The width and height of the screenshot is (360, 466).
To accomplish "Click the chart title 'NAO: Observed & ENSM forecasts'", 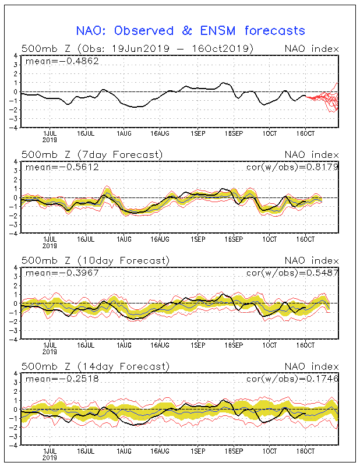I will pos(190,30).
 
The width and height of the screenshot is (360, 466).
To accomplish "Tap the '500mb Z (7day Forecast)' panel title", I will pos(92,154).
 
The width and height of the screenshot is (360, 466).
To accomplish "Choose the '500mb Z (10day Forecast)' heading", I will pos(94,260).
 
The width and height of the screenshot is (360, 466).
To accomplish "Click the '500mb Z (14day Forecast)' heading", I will pos(94,366).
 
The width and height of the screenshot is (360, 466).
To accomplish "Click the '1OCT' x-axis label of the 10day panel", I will pos(270,346).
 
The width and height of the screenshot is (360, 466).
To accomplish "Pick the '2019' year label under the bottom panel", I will pos(50,458).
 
